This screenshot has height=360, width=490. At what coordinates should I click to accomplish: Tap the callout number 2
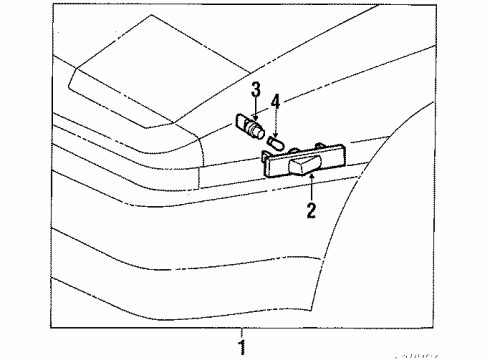[x=311, y=211]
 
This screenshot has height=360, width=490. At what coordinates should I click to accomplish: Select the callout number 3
[x=255, y=92]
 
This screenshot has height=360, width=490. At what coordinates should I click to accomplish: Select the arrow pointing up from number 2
[x=313, y=185]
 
